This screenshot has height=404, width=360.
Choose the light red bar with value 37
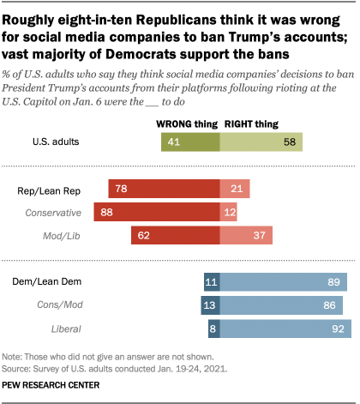[x=245, y=233]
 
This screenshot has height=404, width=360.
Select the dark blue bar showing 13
[x=210, y=304]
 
